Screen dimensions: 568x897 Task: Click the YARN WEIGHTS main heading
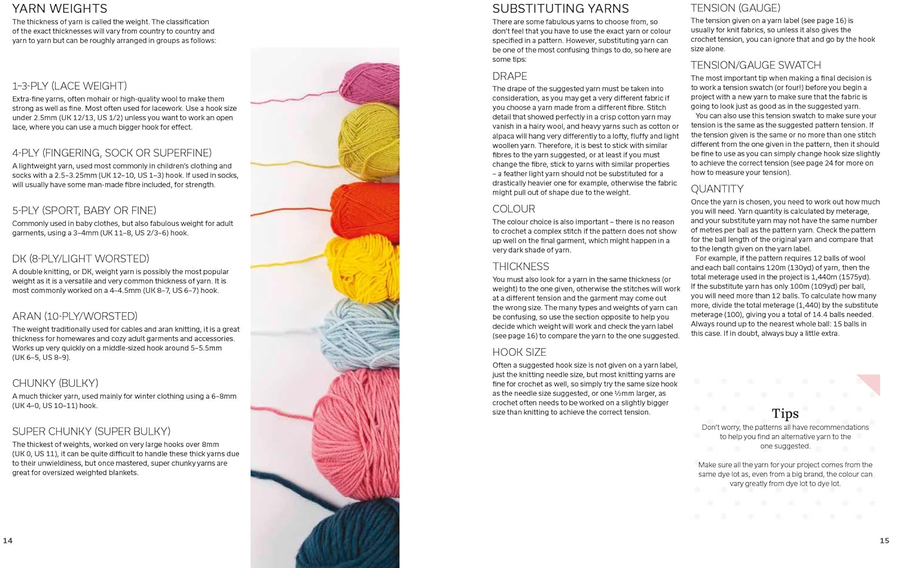60,9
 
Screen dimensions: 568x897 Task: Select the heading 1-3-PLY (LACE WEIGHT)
69,86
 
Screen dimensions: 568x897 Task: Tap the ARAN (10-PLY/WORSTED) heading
75,316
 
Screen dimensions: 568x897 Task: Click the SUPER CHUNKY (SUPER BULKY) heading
91,432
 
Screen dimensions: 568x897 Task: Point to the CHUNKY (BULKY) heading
55,383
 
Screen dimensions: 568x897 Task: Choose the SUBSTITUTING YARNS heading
560,9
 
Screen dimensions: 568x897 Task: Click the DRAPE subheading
509,77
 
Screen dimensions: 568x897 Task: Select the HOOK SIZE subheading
519,353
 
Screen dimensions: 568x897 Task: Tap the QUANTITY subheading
717,190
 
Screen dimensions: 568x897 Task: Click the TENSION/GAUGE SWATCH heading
755,65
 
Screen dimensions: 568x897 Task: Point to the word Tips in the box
785,414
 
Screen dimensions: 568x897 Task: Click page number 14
8,540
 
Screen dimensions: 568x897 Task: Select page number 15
884,540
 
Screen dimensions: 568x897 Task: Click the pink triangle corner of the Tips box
872,383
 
